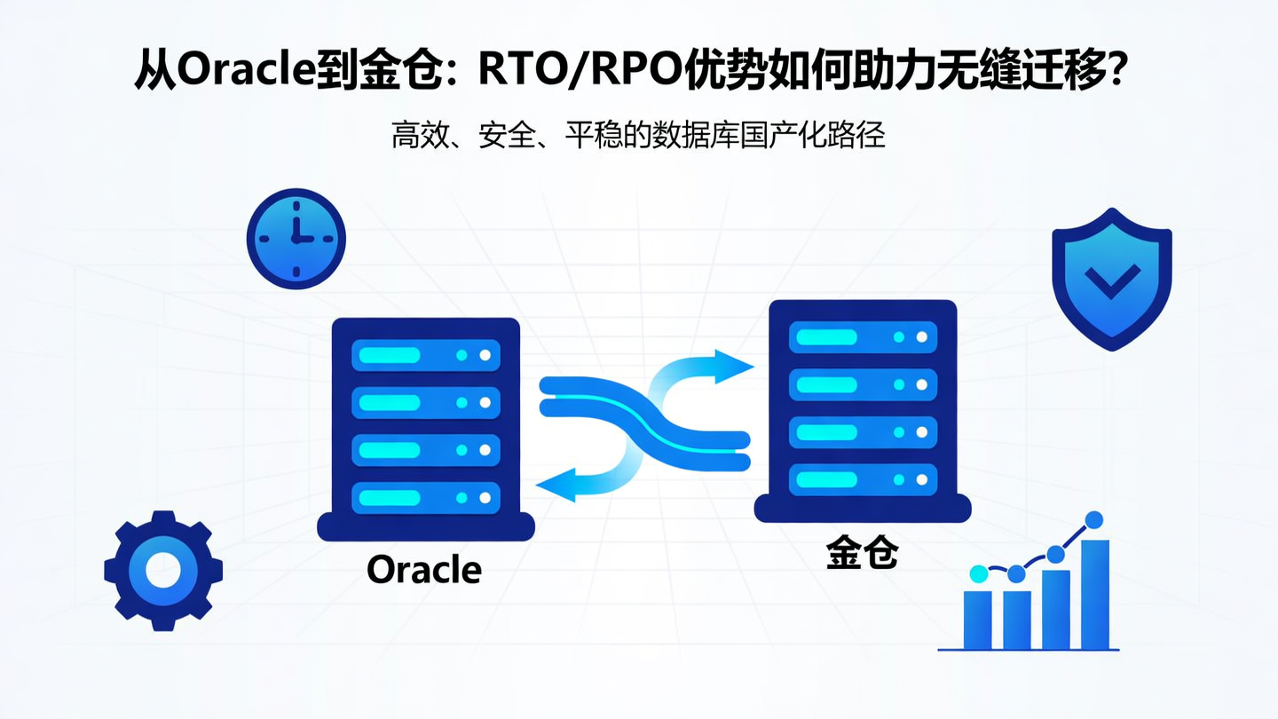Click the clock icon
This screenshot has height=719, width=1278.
pos(296,238)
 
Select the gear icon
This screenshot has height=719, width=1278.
pos(162,571)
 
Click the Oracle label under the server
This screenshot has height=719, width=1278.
pos(424,569)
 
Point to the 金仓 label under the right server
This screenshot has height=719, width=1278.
pos(862,553)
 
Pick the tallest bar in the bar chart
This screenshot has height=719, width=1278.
pos(1094,594)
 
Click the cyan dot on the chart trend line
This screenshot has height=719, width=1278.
pos(978,574)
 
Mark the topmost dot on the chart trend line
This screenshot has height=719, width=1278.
pos(1094,519)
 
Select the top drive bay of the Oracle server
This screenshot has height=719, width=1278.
pos(426,355)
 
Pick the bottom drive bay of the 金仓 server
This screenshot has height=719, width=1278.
pos(863,479)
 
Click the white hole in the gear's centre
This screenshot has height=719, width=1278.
pos(162,571)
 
